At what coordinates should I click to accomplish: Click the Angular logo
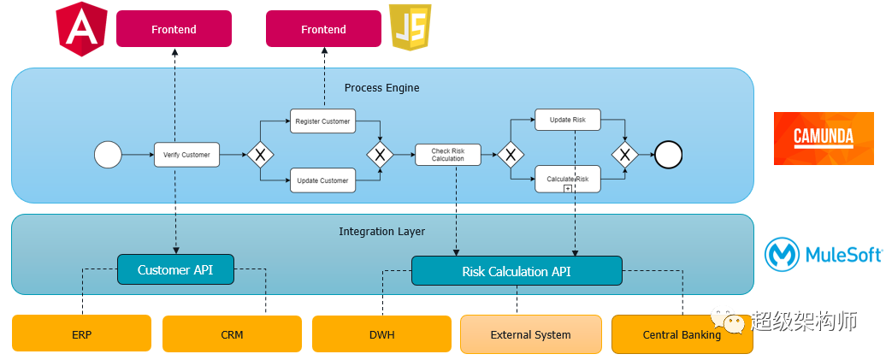(x=82, y=29)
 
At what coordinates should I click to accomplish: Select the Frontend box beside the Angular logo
(x=174, y=29)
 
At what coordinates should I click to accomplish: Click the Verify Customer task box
(x=186, y=155)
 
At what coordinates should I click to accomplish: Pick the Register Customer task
(x=322, y=121)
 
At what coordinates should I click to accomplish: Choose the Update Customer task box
(x=322, y=180)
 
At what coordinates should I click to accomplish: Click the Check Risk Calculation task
(x=447, y=155)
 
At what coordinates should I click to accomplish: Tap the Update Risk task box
(x=568, y=120)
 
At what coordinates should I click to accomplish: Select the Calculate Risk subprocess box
(x=568, y=179)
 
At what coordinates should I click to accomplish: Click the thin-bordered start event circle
(x=108, y=155)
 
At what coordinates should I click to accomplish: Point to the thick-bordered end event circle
(x=668, y=155)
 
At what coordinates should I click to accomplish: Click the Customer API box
(x=175, y=270)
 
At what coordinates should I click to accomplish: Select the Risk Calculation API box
(x=517, y=271)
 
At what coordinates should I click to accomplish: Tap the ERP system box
(x=81, y=334)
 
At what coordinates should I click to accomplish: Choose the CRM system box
(x=232, y=334)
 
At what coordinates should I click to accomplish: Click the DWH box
(x=381, y=334)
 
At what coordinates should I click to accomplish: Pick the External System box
(x=530, y=334)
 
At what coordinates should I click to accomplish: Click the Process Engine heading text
(x=381, y=88)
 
